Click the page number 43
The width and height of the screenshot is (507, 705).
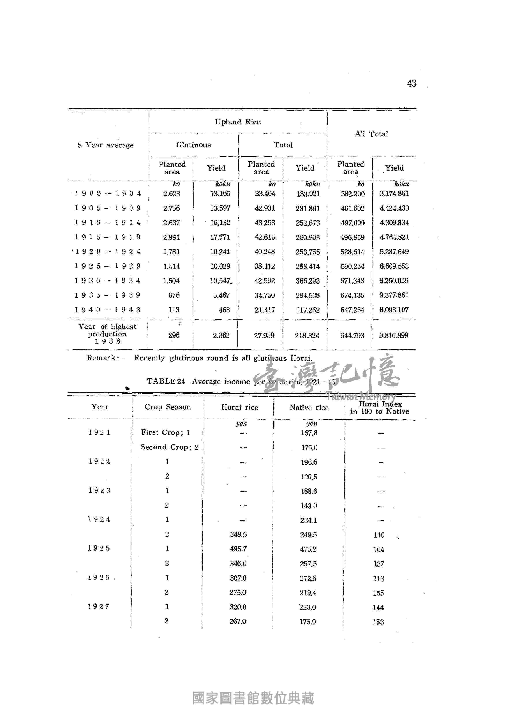(412, 83)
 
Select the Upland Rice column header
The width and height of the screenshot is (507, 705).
(238, 122)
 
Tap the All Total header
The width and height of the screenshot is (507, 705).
(371, 134)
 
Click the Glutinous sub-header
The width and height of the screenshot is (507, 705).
(194, 145)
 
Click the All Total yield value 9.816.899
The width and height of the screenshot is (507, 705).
(393, 335)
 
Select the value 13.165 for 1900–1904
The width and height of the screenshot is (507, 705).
(220, 194)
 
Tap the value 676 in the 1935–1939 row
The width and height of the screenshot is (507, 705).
(174, 295)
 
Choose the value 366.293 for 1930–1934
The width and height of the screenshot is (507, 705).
(308, 281)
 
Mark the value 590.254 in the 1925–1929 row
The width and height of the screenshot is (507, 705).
(352, 266)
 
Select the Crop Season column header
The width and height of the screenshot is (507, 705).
(168, 407)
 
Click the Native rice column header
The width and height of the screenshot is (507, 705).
(309, 408)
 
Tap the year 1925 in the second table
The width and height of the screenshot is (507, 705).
(99, 548)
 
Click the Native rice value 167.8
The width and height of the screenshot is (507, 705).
(309, 433)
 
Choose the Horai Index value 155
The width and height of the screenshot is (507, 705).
(378, 593)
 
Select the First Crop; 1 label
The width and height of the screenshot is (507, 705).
(166, 432)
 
